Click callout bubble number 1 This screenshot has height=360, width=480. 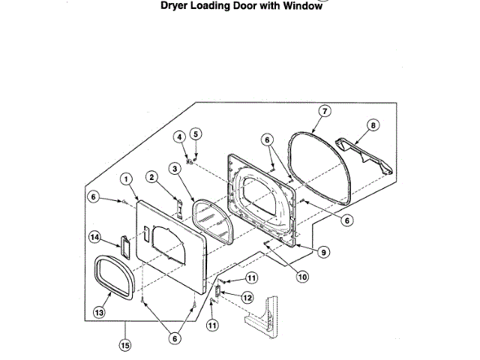click(x=126, y=179)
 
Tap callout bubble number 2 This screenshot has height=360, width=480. click(x=152, y=178)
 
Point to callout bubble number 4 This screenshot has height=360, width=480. click(x=180, y=136)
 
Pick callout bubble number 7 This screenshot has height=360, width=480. click(x=325, y=111)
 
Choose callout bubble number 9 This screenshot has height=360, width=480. click(x=322, y=253)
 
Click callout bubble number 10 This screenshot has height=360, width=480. click(x=301, y=276)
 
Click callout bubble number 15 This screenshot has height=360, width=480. click(x=125, y=345)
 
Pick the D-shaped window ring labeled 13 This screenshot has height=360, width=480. click(x=115, y=276)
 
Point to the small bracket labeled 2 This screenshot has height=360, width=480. click(x=178, y=206)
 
